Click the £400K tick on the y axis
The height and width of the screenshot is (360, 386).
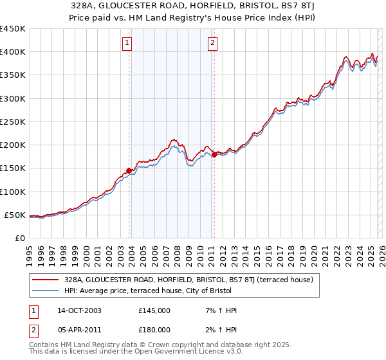13,52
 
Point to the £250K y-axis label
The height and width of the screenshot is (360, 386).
13,122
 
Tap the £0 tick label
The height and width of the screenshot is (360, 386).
19,238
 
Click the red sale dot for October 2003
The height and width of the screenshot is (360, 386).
129,170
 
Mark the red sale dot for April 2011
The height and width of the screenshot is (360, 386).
214,154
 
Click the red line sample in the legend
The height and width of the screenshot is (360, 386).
46,280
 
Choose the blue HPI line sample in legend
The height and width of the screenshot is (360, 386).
46,291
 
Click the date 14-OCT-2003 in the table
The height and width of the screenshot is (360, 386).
79,310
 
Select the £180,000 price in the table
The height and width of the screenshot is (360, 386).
154,329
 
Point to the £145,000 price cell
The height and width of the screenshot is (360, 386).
154,310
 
